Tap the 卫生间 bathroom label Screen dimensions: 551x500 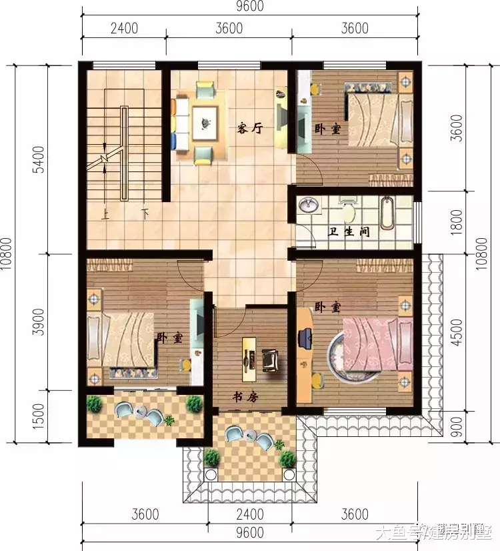[x=349, y=233]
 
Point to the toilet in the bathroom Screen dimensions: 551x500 [x=347, y=211]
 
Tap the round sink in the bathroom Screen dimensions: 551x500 [x=307, y=206]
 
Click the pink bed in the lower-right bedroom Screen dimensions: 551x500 [x=372, y=342]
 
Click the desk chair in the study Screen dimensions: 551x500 [x=271, y=360]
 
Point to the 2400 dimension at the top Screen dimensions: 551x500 [x=124, y=29]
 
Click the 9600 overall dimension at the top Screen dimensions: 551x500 [x=250, y=7]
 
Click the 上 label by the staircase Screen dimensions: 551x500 [x=105, y=215]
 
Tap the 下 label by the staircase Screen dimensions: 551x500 [x=145, y=215]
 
